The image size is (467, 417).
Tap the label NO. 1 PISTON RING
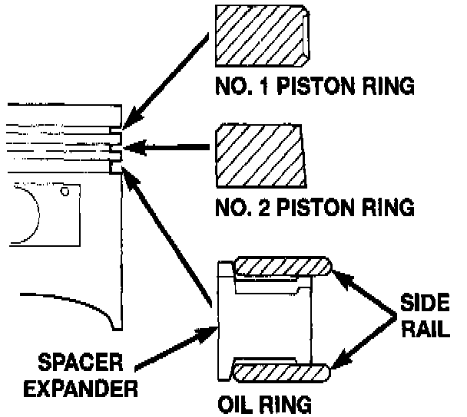[314, 85]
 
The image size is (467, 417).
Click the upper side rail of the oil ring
[281, 266]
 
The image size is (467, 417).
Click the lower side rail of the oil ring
[281, 371]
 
